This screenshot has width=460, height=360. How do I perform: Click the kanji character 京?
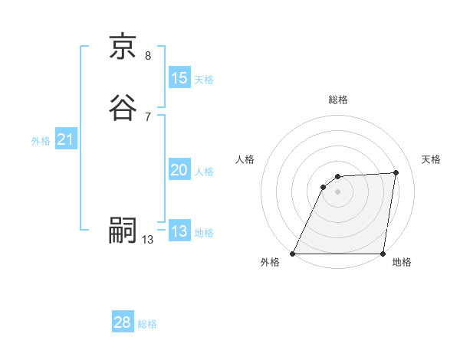pyautogui.click(x=123, y=47)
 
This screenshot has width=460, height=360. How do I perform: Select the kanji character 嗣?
pyautogui.click(x=123, y=231)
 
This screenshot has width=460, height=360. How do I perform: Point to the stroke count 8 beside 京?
pyautogui.click(x=148, y=56)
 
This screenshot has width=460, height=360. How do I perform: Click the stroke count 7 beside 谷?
pyautogui.click(x=148, y=116)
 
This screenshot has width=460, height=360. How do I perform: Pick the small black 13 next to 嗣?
pyautogui.click(x=148, y=240)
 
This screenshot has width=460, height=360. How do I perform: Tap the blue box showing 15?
pyautogui.click(x=179, y=77)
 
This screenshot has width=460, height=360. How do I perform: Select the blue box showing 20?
pyautogui.click(x=179, y=170)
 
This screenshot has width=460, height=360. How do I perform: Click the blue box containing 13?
pyautogui.click(x=179, y=231)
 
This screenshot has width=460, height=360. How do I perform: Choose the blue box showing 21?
pyautogui.click(x=65, y=139)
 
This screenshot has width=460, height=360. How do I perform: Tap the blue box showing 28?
pyautogui.click(x=123, y=322)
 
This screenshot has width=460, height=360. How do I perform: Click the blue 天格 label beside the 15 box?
pyautogui.click(x=204, y=80)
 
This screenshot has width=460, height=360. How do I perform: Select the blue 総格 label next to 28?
pyautogui.click(x=148, y=325)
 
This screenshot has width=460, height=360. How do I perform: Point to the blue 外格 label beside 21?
pyautogui.click(x=41, y=142)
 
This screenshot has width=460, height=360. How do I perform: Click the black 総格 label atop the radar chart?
pyautogui.click(x=338, y=100)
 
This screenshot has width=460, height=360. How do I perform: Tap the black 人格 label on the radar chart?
pyautogui.click(x=245, y=159)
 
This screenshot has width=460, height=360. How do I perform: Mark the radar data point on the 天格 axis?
pyautogui.click(x=396, y=172)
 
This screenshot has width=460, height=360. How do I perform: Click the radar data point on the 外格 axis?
pyautogui.click(x=293, y=254)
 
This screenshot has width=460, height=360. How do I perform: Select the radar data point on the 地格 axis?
pyautogui.click(x=383, y=254)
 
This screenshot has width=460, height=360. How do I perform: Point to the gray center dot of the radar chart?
pyautogui.click(x=338, y=191)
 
